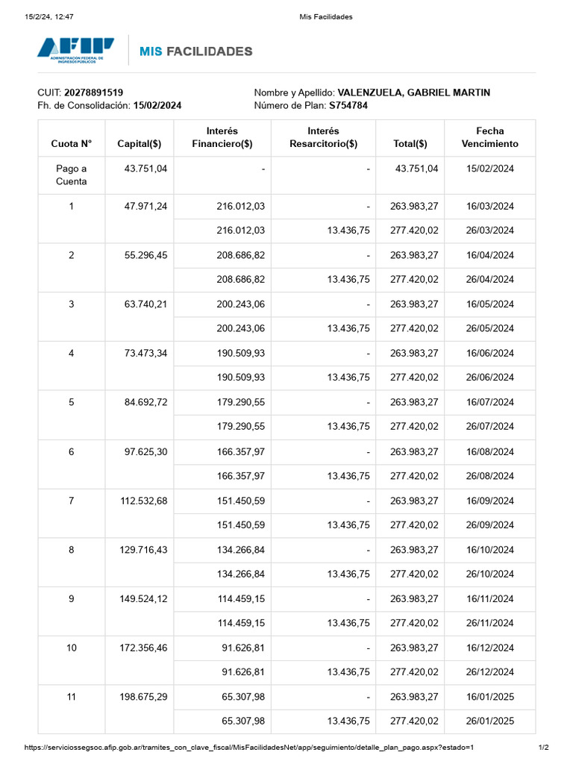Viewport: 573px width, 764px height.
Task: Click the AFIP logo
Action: [75, 51]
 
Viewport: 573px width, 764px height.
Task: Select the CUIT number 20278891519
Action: [93, 93]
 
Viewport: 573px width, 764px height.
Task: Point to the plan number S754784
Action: [348, 106]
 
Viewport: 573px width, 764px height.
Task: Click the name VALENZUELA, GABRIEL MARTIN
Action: [414, 93]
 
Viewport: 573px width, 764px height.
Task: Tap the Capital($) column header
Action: [140, 144]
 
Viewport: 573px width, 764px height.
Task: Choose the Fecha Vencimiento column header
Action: [489, 137]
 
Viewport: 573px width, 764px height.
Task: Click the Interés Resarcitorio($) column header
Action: [323, 137]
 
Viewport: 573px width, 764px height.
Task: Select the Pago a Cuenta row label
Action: [72, 175]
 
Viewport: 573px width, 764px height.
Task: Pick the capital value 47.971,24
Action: [146, 207]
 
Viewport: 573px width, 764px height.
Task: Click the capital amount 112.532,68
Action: [143, 501]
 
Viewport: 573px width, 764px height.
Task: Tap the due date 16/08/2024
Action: [489, 452]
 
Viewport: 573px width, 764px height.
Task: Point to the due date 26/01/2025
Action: [489, 721]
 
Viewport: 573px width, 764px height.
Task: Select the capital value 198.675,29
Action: [143, 697]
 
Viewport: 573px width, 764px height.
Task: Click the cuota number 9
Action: [72, 598]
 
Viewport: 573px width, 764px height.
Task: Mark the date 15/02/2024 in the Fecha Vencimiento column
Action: [489, 169]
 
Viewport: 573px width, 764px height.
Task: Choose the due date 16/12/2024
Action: [489, 648]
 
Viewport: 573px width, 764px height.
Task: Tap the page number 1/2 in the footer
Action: [544, 748]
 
